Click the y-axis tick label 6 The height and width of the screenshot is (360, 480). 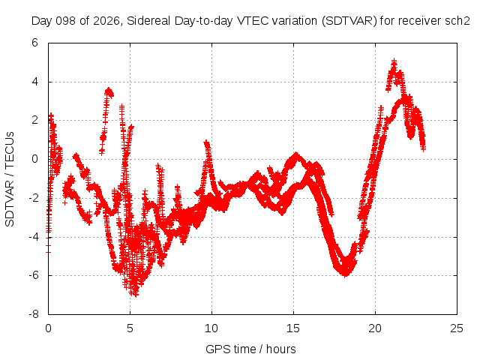coord(34,43)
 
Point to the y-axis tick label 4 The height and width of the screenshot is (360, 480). coord(34,82)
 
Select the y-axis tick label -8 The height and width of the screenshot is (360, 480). coord(33,314)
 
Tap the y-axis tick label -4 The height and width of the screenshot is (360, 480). coord(33,237)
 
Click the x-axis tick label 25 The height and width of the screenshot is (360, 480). coord(457,328)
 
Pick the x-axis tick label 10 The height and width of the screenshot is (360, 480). coord(211,328)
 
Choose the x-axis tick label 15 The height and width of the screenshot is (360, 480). coord(293,328)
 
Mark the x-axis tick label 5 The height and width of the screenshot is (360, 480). coord(130,328)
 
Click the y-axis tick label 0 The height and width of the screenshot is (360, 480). coord(34,159)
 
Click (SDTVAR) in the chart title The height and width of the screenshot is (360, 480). coord(349,21)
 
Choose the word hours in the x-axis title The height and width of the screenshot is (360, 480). coord(281,349)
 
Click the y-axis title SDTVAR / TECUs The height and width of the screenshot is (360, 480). coord(10,179)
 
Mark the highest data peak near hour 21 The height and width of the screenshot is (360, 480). coord(394,61)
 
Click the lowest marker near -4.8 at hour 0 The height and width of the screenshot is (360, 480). coord(48,252)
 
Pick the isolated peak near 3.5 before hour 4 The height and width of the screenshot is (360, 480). coord(109,90)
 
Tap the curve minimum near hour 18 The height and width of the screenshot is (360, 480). coord(345,274)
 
